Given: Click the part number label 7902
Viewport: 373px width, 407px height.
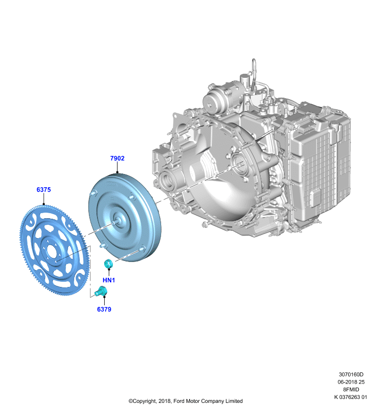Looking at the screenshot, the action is click(117, 158).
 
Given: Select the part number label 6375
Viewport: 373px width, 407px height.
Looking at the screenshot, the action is click(44, 189).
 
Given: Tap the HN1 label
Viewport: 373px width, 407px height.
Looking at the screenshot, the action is click(109, 280).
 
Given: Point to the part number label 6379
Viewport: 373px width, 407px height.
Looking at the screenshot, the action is click(104, 309).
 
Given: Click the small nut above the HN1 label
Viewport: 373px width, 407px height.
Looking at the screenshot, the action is click(108, 264).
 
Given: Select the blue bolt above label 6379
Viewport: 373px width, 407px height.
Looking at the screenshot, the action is click(101, 291).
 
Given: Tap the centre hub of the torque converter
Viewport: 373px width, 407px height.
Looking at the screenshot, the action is click(118, 221).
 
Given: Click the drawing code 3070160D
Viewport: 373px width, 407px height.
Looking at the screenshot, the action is click(351, 374).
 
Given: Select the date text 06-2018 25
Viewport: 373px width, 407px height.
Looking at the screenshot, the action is click(351, 382).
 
